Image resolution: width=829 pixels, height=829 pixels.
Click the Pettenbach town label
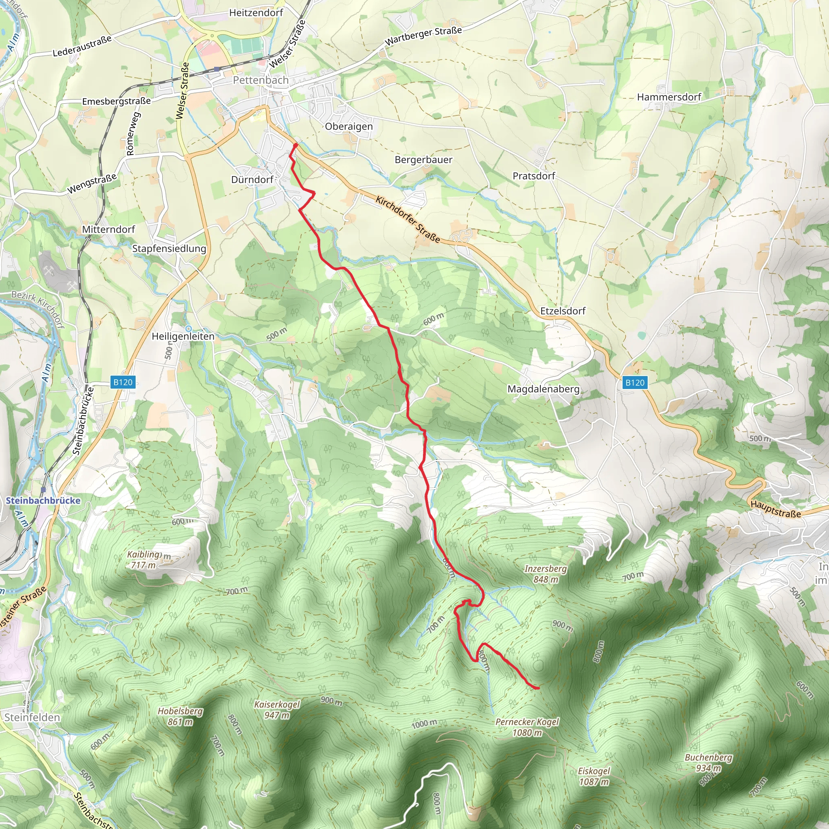coord(260,80)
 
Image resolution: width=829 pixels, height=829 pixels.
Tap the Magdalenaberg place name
coord(543,389)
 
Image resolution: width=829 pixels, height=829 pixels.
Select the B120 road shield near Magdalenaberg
coord(634,383)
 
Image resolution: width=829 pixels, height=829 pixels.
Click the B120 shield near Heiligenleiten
coord(123,382)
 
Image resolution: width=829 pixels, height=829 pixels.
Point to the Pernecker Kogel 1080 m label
coord(527,727)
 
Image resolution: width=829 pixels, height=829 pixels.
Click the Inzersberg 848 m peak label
coord(545,574)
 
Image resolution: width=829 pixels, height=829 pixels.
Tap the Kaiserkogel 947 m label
coord(277,710)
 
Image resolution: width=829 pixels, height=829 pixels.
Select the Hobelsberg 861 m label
coord(180,716)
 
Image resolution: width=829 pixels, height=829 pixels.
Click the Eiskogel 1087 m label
coord(594,776)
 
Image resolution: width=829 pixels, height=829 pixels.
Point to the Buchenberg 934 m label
coord(708,763)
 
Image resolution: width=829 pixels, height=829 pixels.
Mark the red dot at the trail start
coord(295,145)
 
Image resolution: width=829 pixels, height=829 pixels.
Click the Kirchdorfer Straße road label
coord(408,219)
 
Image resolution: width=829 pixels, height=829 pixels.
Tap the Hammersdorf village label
coord(669,97)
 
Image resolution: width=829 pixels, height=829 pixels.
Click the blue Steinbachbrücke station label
coord(43,500)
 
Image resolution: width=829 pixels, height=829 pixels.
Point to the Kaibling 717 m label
coord(144,559)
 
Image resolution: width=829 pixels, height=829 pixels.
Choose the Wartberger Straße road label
coord(423,36)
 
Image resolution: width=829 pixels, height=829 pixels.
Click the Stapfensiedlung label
coord(169,249)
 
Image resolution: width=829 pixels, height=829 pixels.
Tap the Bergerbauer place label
coord(423,159)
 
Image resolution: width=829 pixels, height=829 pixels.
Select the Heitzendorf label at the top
coord(256,13)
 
